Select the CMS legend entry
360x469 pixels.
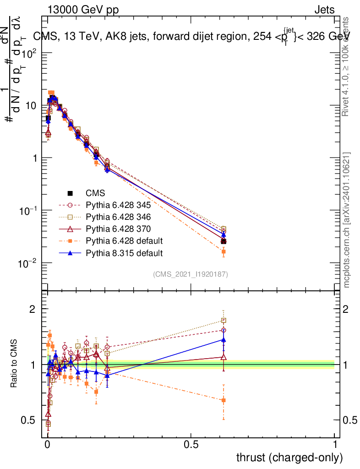tap(96, 193)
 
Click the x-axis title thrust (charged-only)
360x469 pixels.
tap(289, 457)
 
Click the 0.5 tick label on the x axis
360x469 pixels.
tap(191, 445)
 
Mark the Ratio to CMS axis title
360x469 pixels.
tap(15, 365)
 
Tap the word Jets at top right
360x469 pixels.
tap(324, 10)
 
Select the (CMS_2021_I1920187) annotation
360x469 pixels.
tap(191, 274)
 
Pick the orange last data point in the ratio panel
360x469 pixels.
tap(224, 400)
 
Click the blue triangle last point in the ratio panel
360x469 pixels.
tap(224, 339)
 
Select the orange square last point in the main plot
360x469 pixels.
tap(224, 252)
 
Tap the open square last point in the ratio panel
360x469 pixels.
tap(224, 321)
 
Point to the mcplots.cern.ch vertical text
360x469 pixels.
tap(347, 220)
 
